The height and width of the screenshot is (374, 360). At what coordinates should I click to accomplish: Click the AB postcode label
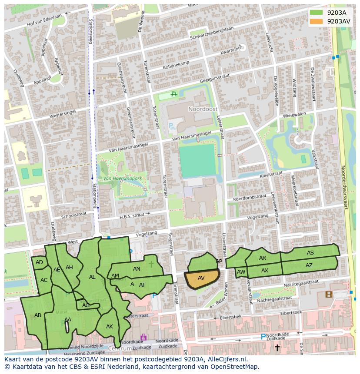coord(38,315)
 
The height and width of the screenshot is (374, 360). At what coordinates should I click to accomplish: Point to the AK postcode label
coord(110,326)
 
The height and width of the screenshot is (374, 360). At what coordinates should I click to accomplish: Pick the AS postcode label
coord(310,253)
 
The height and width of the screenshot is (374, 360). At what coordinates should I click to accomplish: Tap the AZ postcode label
coord(309,265)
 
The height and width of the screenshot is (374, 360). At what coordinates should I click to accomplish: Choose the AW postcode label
coord(241,272)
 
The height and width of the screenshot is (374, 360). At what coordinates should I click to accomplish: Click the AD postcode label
coord(40,262)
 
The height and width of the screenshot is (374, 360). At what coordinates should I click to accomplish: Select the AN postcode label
coord(137,269)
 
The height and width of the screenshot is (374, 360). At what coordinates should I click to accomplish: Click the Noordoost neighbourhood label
coord(199,109)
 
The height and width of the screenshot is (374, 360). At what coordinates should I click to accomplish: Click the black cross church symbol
coord(277,347)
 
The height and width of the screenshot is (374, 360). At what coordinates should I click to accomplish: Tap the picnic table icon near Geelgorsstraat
coord(174,94)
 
